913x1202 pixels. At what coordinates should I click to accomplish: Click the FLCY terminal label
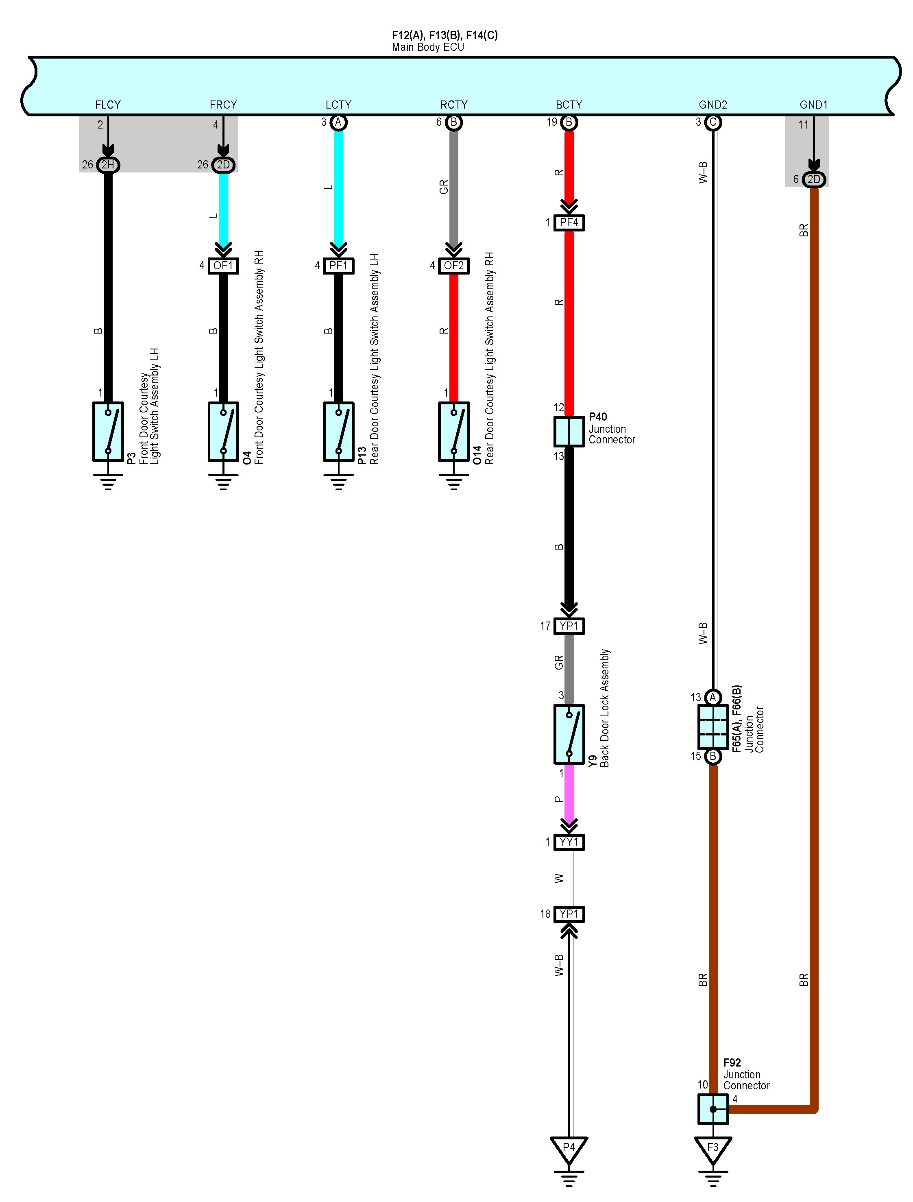108,105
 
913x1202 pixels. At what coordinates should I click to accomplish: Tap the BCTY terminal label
569,105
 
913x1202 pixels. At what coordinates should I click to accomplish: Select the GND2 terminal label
713,105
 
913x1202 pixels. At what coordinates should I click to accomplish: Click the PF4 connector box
569,223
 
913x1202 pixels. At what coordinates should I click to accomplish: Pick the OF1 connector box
223,265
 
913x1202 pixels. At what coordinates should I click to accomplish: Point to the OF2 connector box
454,265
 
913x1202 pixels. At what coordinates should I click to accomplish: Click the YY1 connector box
569,842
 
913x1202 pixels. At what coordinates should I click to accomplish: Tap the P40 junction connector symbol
569,432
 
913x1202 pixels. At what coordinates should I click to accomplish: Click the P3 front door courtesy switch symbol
108,432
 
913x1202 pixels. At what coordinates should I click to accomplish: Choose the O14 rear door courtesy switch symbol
454,432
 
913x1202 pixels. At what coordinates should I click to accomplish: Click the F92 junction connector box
713,1108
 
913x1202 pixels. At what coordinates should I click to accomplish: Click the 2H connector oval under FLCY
108,165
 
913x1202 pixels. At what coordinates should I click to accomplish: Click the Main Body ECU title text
428,47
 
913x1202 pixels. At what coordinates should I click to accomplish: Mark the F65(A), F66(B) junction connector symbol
713,726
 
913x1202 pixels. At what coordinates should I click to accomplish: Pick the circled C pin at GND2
713,122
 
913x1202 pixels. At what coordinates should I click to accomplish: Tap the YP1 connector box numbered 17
569,626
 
